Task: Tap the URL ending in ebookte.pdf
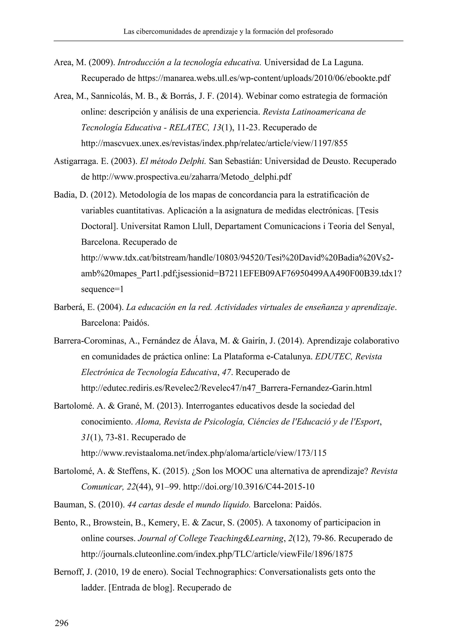[264, 78]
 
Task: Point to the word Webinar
[261, 96]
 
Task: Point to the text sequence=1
[102, 289]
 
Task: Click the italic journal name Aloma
[148, 422]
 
